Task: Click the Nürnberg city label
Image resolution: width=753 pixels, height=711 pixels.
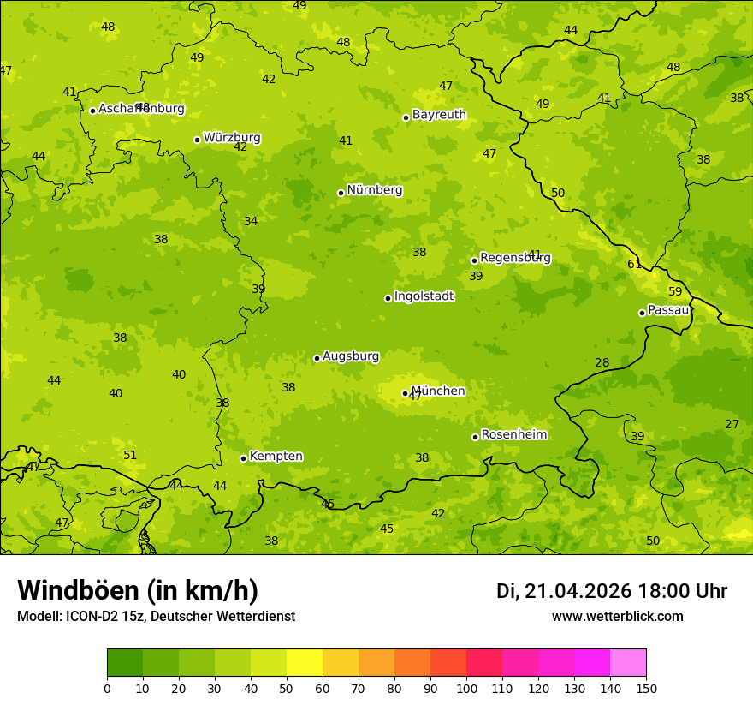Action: [374, 190]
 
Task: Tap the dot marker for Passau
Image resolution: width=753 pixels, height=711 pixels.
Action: [642, 313]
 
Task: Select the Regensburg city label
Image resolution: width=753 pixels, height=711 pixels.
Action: [515, 258]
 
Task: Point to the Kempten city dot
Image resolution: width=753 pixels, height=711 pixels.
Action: [243, 458]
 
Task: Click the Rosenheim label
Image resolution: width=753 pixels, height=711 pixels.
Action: [513, 435]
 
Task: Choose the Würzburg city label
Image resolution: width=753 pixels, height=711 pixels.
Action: [232, 138]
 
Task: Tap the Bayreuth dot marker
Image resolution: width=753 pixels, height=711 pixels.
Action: [406, 117]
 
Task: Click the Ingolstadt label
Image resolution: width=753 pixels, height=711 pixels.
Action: [424, 296]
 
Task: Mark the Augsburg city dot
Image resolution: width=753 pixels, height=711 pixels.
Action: [317, 358]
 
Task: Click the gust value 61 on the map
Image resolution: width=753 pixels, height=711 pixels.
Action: [634, 264]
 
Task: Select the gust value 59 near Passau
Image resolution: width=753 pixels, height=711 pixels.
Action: [675, 291]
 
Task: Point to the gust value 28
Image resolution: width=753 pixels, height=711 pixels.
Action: [602, 362]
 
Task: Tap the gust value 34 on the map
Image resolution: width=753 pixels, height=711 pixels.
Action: [251, 221]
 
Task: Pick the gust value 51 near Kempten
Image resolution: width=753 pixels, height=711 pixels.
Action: [130, 455]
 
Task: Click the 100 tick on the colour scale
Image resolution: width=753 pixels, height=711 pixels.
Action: [466, 688]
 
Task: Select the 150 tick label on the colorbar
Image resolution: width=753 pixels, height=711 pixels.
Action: [646, 688]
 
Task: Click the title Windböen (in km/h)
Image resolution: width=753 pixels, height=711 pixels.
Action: [138, 590]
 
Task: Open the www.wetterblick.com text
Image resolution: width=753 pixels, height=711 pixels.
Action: [617, 616]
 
